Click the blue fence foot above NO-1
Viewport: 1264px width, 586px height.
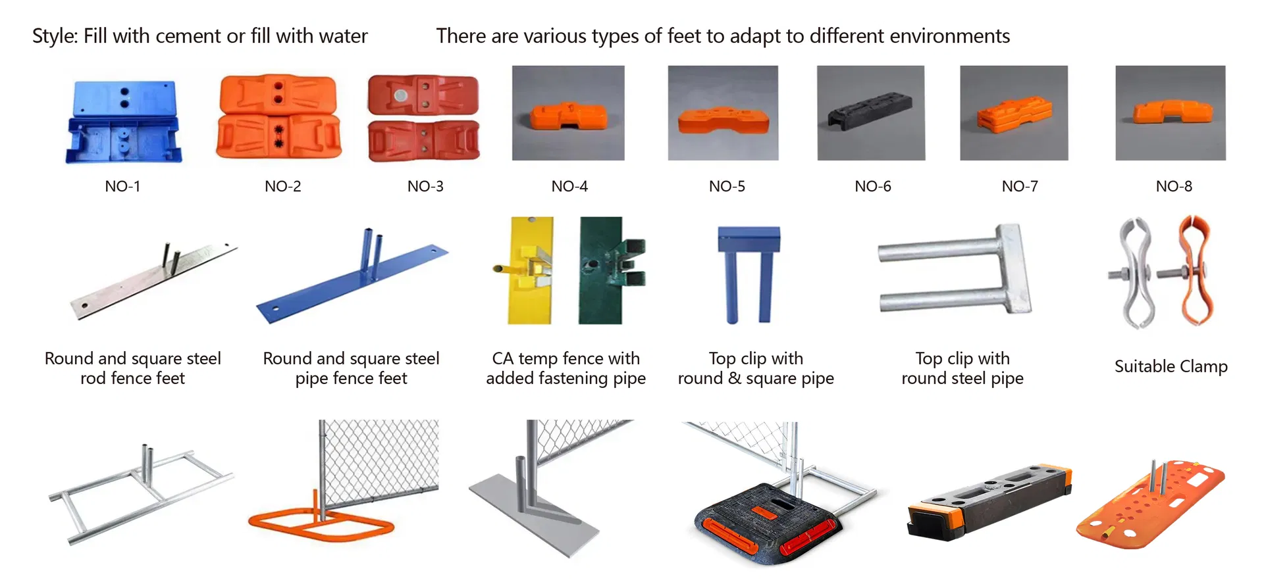click(123, 122)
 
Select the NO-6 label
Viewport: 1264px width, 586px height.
click(872, 187)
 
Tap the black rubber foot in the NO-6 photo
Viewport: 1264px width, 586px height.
click(870, 110)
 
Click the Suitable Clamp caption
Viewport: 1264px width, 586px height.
click(1171, 366)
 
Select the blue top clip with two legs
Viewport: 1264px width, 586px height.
click(748, 270)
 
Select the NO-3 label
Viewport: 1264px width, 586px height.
click(425, 187)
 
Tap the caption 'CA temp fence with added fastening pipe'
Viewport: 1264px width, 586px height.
click(566, 368)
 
